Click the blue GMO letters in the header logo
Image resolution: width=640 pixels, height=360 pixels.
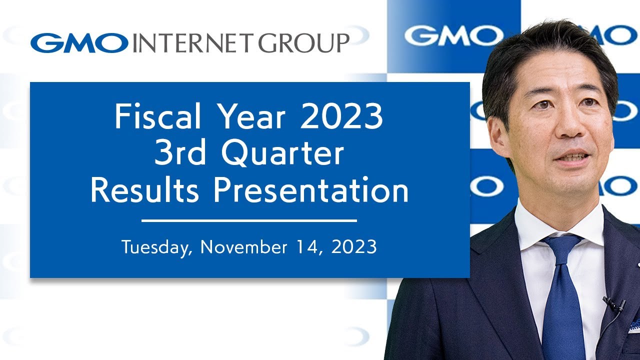coord(79,43)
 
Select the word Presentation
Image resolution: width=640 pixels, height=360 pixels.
coord(311,191)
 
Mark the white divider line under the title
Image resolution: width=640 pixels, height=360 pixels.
coord(249,220)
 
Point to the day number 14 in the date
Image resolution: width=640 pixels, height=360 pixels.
coord(306,246)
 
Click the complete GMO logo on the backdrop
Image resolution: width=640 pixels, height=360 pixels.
coord(453,35)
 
